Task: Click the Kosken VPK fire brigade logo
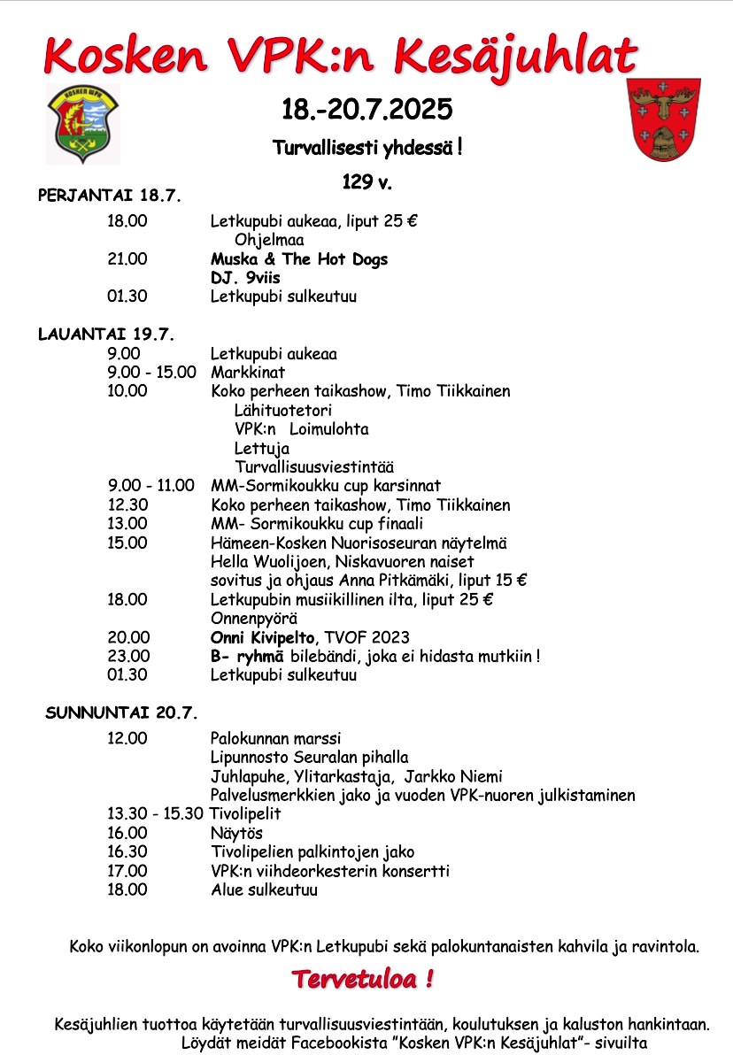coord(83,124)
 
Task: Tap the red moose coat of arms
coord(662,119)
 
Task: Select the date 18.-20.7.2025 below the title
coord(366,110)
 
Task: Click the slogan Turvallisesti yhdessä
coord(366,148)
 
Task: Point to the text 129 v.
coord(366,183)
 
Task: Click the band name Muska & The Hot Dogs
coord(299,259)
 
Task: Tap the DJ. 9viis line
coord(245,278)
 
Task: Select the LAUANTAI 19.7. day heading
coord(106,335)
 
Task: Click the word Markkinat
coord(248,373)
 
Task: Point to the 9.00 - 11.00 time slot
coord(151,485)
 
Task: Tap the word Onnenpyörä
coord(253,618)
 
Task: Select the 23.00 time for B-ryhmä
coord(128,656)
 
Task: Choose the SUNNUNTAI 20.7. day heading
coord(121,712)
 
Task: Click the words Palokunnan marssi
coord(275,738)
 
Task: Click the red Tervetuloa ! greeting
coord(363,980)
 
